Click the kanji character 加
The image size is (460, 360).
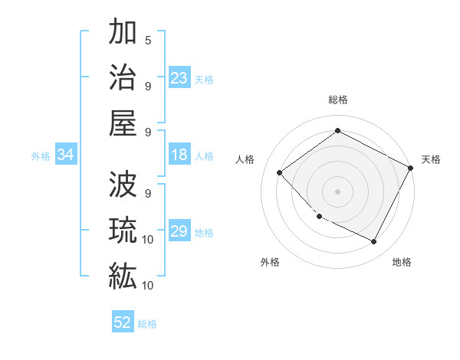click(x=122, y=34)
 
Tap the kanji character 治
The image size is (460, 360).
click(x=122, y=79)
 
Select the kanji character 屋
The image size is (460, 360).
click(x=122, y=124)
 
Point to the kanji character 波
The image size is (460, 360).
click(x=122, y=185)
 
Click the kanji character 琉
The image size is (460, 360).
click(x=122, y=230)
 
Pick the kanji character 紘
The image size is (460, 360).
click(x=122, y=275)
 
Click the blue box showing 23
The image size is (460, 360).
click(x=179, y=78)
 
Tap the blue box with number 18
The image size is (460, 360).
click(x=179, y=155)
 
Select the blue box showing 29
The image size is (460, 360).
click(x=179, y=232)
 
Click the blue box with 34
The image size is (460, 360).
click(x=66, y=155)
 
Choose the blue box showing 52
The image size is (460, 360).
click(x=123, y=323)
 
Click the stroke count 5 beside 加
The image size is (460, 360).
click(x=148, y=40)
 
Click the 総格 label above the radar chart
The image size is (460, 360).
click(x=337, y=100)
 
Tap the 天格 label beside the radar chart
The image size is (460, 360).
click(x=432, y=159)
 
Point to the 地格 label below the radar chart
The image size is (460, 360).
click(x=402, y=262)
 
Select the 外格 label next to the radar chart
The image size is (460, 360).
click(x=270, y=262)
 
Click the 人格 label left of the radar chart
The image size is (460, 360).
click(x=245, y=159)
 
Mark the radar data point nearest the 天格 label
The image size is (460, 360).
click(x=411, y=168)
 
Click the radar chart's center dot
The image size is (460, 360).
click(x=337, y=191)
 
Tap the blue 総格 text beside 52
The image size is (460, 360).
click(x=147, y=324)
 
